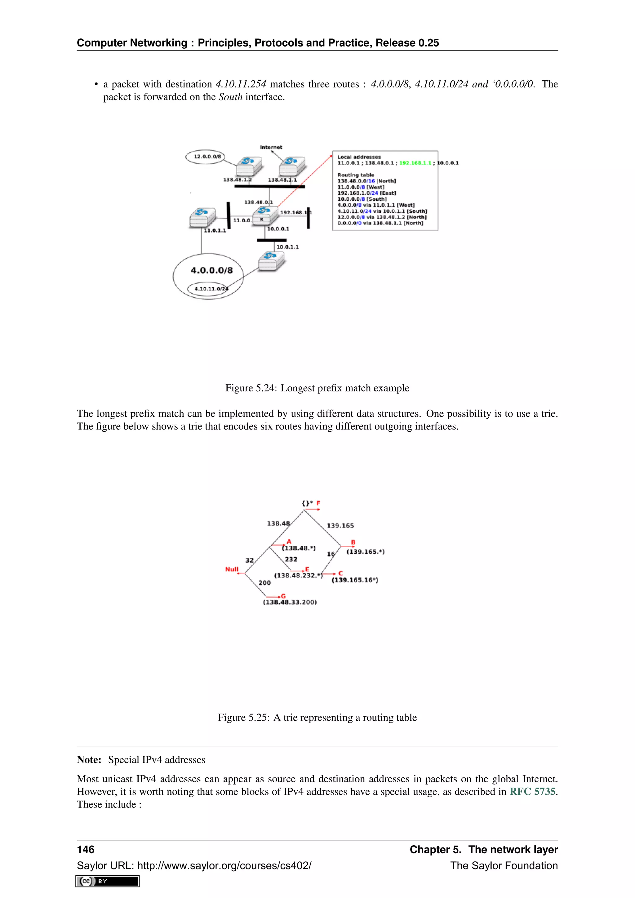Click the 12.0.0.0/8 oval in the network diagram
click(205, 157)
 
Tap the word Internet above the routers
click(271, 147)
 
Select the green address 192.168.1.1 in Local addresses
click(415, 163)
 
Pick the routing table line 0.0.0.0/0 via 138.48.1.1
click(380, 223)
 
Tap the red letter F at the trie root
click(318, 503)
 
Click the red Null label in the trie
click(232, 569)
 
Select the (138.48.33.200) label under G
click(290, 602)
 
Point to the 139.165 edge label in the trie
click(340, 526)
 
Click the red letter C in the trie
click(340, 573)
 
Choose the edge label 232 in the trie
click(291, 559)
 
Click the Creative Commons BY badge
click(108, 881)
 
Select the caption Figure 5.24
click(317, 388)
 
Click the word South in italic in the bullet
click(230, 97)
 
